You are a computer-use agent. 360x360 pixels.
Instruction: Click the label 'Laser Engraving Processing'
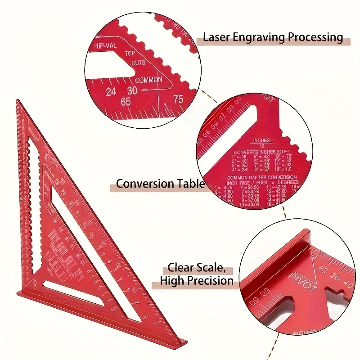(x=273, y=37)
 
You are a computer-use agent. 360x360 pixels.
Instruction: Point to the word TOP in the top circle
(x=130, y=54)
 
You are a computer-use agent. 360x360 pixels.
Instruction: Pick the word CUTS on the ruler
(x=139, y=63)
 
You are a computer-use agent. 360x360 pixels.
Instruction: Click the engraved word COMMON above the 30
(x=148, y=80)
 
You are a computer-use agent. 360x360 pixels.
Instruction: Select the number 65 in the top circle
(x=126, y=102)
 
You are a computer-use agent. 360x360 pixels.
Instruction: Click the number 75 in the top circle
(x=178, y=99)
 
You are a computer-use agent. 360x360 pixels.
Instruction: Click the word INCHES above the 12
(x=261, y=140)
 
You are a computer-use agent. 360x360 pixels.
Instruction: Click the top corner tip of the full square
(x=18, y=100)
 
